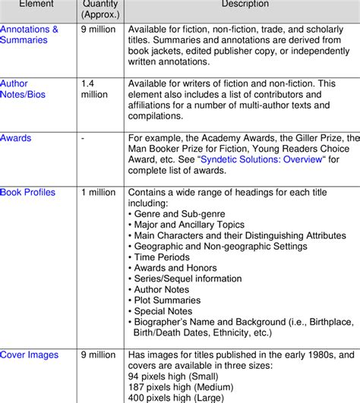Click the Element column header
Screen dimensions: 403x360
pyautogui.click(x=32, y=5)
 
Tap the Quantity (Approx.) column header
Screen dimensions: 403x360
pyautogui.click(x=100, y=9)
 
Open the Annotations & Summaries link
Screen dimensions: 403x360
pyautogui.click(x=29, y=35)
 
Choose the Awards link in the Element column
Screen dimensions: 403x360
pyautogui.click(x=16, y=138)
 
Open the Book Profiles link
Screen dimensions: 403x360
pyautogui.click(x=28, y=193)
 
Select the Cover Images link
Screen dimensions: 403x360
pyautogui.click(x=28, y=354)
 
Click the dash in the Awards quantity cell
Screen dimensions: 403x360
pyautogui.click(x=83, y=138)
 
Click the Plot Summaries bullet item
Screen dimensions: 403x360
pyautogui.click(x=169, y=300)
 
